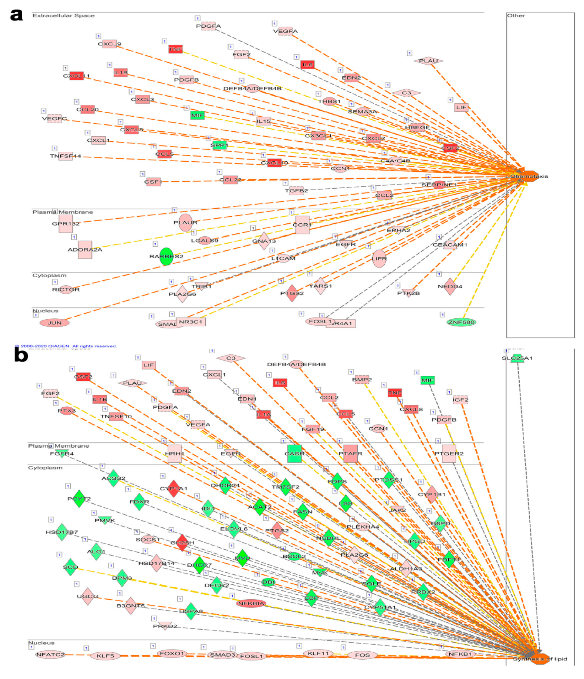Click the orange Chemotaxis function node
pyautogui.click(x=529, y=176)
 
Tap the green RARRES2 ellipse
pyautogui.click(x=166, y=256)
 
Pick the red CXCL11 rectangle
pyautogui.click(x=76, y=76)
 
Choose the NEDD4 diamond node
pyautogui.click(x=450, y=286)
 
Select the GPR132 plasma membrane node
pyautogui.click(x=66, y=224)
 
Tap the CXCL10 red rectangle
pyautogui.click(x=274, y=163)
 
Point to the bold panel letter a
pyautogui.click(x=16, y=15)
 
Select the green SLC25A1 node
pyautogui.click(x=517, y=358)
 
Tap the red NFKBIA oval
pyautogui.click(x=251, y=603)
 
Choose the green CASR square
pyautogui.click(x=294, y=454)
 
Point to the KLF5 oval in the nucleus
pyautogui.click(x=105, y=656)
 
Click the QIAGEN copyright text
pyautogui.click(x=66, y=346)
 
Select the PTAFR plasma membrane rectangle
pyautogui.click(x=350, y=454)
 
